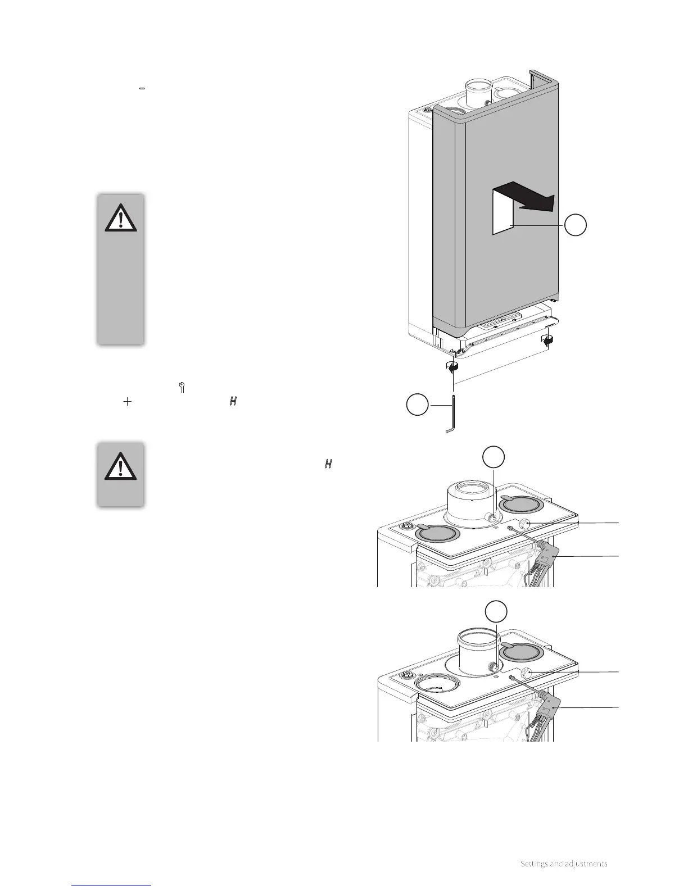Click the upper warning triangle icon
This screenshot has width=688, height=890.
tap(121, 217)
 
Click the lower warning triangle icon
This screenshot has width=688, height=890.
tap(121, 466)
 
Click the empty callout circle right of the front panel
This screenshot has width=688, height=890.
tap(576, 225)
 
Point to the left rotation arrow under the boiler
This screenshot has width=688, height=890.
tap(452, 366)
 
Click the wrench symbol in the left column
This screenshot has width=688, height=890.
tap(182, 387)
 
